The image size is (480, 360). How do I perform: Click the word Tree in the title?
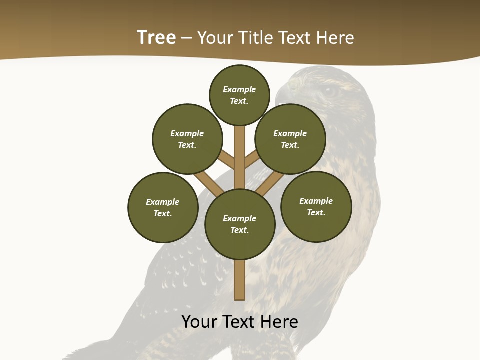(x=156, y=38)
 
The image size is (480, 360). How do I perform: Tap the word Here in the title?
(x=335, y=38)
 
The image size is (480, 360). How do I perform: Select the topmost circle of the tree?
(x=239, y=95)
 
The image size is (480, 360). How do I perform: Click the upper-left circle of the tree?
(x=187, y=139)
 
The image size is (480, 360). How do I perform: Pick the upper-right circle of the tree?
(x=290, y=139)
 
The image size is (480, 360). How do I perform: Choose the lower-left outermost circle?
(x=163, y=207)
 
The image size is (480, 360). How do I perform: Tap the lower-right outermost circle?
(x=316, y=206)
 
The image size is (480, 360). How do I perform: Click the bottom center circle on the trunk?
(x=240, y=224)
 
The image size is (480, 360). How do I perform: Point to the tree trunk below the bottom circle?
(x=239, y=280)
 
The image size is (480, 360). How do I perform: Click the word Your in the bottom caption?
(x=199, y=322)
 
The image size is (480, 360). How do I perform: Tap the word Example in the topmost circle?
(x=239, y=89)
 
